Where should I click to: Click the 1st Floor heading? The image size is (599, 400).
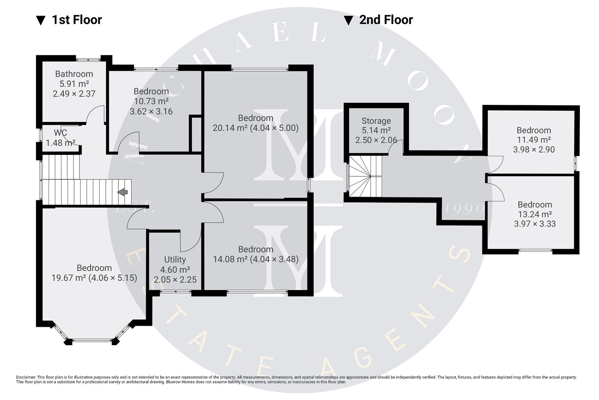point(76,20)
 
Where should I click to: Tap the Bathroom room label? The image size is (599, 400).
point(74,74)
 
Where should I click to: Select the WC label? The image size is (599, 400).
point(60,133)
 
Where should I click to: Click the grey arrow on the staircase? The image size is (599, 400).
point(123,192)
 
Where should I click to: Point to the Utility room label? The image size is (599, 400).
point(175,260)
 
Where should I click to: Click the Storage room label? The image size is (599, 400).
point(376,121)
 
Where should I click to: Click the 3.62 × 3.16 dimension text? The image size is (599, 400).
point(151,111)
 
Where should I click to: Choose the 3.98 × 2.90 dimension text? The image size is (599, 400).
point(534,150)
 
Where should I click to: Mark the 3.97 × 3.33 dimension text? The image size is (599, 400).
point(535,224)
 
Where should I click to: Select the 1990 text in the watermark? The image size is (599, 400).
point(464,209)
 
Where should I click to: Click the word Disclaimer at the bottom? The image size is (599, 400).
point(26,377)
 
